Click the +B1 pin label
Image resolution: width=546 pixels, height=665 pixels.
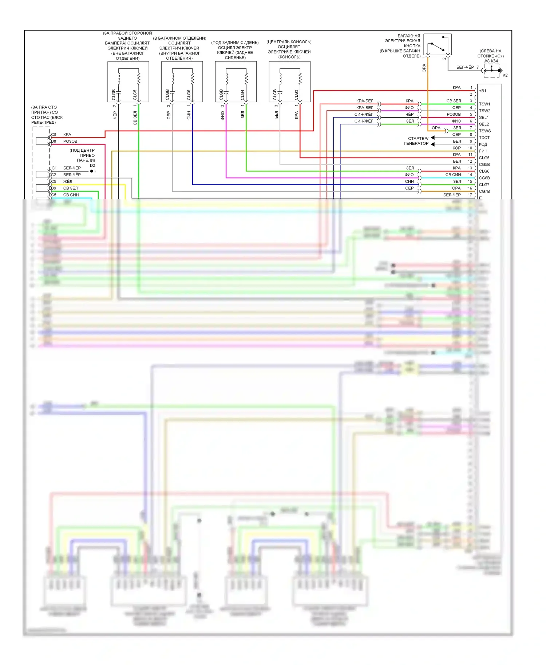click(483, 91)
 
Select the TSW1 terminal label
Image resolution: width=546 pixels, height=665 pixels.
click(484, 104)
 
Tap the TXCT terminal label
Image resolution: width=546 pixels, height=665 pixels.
click(484, 138)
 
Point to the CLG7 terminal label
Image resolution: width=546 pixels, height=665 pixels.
click(484, 184)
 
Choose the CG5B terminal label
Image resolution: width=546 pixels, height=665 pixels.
click(484, 164)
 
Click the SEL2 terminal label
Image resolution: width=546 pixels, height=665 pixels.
click(484, 124)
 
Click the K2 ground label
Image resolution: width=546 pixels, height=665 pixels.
click(505, 75)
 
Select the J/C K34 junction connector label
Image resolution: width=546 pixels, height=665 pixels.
click(491, 61)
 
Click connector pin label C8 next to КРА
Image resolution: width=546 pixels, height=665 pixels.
click(54, 135)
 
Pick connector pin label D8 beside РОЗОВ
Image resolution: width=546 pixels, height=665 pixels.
click(54, 141)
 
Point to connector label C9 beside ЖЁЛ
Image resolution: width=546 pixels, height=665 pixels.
click(54, 181)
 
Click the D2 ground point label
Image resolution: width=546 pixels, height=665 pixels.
click(92, 166)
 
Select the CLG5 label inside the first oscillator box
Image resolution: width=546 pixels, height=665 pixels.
click(135, 95)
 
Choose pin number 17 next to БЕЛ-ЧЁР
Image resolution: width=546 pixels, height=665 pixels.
click(470, 195)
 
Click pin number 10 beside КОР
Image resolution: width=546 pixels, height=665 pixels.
click(470, 148)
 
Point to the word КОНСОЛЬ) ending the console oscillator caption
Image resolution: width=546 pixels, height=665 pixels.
click(289, 57)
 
